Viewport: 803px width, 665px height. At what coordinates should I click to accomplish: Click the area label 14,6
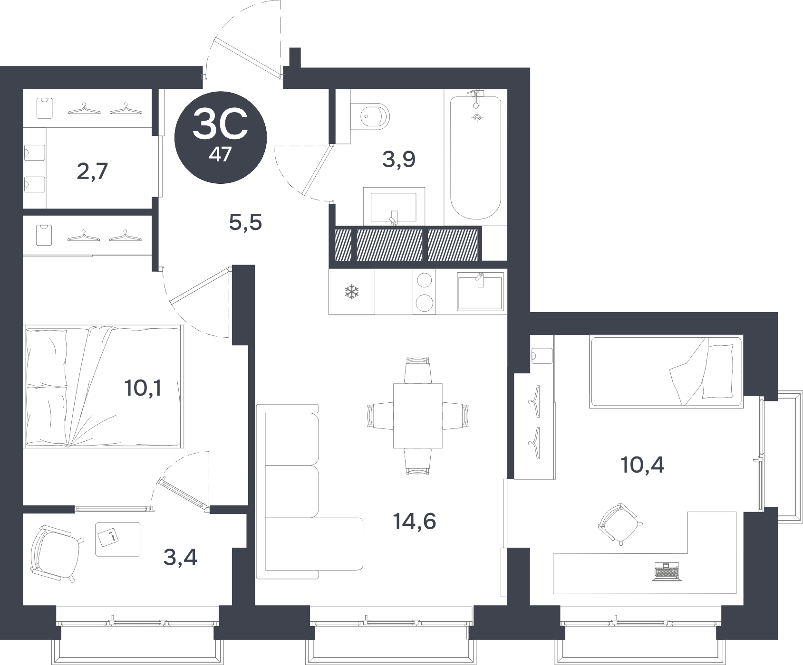[x=415, y=522]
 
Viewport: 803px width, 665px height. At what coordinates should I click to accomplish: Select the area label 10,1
[x=143, y=389]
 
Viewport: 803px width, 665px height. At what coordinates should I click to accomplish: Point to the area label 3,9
[x=399, y=160]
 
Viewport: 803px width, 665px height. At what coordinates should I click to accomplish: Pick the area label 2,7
[x=93, y=171]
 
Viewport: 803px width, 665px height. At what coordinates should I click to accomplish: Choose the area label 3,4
[x=180, y=557]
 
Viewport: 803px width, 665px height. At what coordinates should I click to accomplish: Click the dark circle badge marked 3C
[x=220, y=137]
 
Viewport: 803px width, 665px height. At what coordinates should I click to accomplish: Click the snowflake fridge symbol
[x=352, y=292]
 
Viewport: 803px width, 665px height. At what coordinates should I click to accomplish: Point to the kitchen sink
[x=480, y=292]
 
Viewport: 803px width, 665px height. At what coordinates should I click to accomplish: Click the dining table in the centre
[x=418, y=416]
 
